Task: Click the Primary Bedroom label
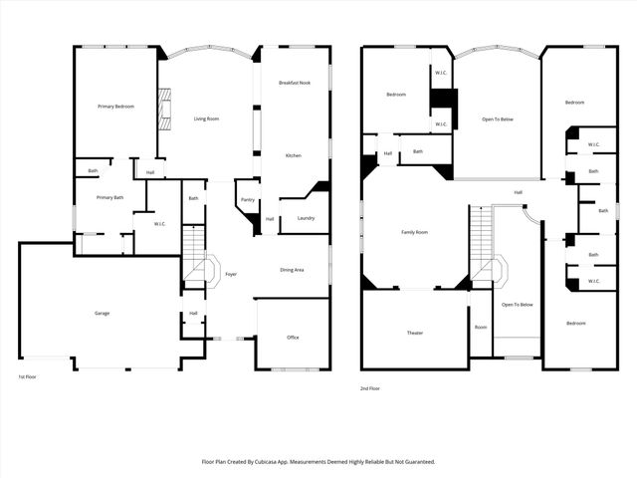pos(115,107)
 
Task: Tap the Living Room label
pos(206,119)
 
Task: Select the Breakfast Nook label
pos(295,83)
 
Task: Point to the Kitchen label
pos(294,156)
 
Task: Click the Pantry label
pos(247,199)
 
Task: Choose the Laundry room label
pos(306,218)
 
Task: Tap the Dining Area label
pos(293,270)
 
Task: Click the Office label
pos(293,338)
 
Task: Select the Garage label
pos(102,314)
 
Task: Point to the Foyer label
pos(231,274)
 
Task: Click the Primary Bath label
pos(110,198)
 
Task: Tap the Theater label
pos(415,333)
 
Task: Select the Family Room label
pos(414,232)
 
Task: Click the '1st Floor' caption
pos(28,377)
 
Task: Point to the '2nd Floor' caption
pos(371,388)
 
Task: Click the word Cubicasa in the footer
pos(277,462)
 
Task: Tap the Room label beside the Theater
pos(481,327)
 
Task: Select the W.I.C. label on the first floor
pos(159,223)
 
